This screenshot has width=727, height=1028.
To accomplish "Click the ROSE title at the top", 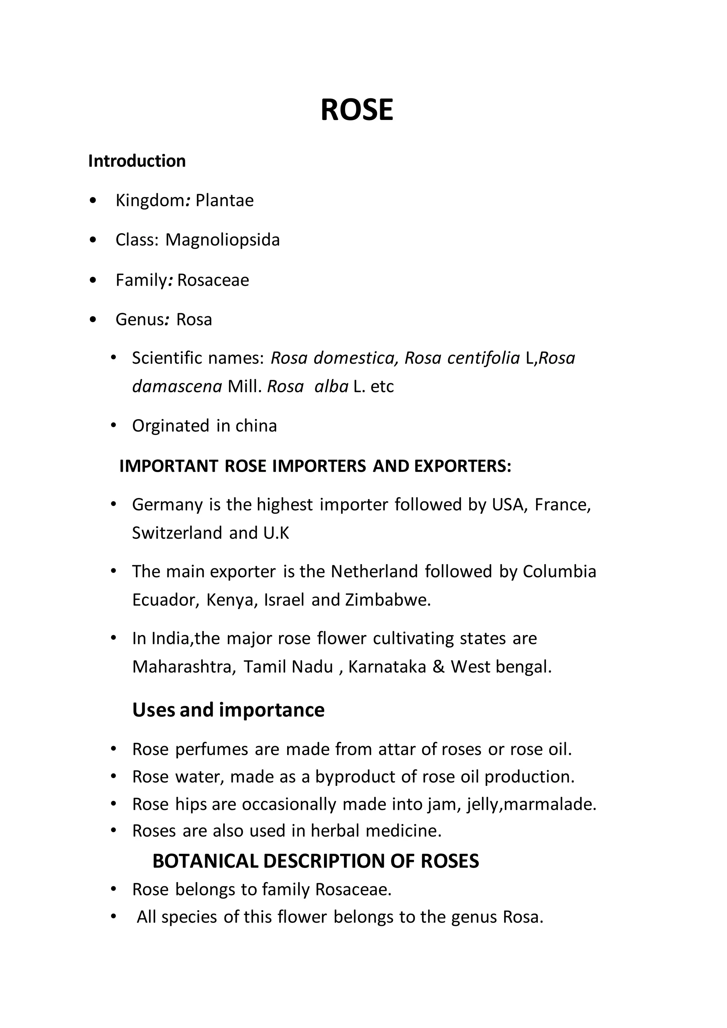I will coord(357,110).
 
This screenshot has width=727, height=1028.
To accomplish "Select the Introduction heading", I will coord(137,161).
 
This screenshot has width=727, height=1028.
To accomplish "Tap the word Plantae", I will coord(224,201).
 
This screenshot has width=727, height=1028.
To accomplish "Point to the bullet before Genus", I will coord(93,320).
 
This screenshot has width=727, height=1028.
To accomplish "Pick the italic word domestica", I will coord(355,358).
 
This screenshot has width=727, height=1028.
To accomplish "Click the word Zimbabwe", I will coord(387,600).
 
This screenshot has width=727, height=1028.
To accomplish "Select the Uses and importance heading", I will coord(228,710).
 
